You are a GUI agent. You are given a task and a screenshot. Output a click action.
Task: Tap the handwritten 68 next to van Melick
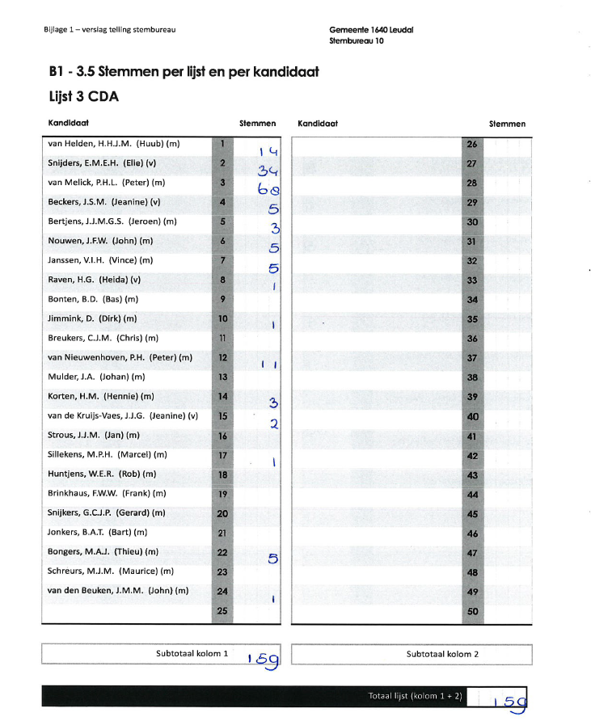pyautogui.click(x=270, y=191)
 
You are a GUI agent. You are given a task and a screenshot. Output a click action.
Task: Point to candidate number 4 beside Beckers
pyautogui.click(x=222, y=202)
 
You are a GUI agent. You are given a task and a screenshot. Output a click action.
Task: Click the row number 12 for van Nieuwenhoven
pyautogui.click(x=222, y=357)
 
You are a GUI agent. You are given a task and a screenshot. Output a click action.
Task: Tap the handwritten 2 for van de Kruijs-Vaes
pyautogui.click(x=274, y=423)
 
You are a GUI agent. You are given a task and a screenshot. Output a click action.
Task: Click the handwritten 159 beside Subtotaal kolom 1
pyautogui.click(x=264, y=661)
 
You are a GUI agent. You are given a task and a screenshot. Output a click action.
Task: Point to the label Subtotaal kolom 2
pyautogui.click(x=442, y=654)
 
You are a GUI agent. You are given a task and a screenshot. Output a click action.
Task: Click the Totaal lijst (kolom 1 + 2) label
pyautogui.click(x=414, y=695)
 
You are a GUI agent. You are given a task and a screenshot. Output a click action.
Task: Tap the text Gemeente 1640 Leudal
pyautogui.click(x=372, y=30)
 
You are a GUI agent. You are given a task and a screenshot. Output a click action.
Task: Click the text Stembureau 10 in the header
pyautogui.click(x=357, y=40)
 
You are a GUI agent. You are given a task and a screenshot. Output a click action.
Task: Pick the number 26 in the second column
pyautogui.click(x=473, y=144)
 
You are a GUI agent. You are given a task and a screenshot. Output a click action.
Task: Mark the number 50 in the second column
pyautogui.click(x=473, y=612)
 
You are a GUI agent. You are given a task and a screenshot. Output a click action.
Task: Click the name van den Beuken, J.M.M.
pyautogui.click(x=118, y=591)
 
